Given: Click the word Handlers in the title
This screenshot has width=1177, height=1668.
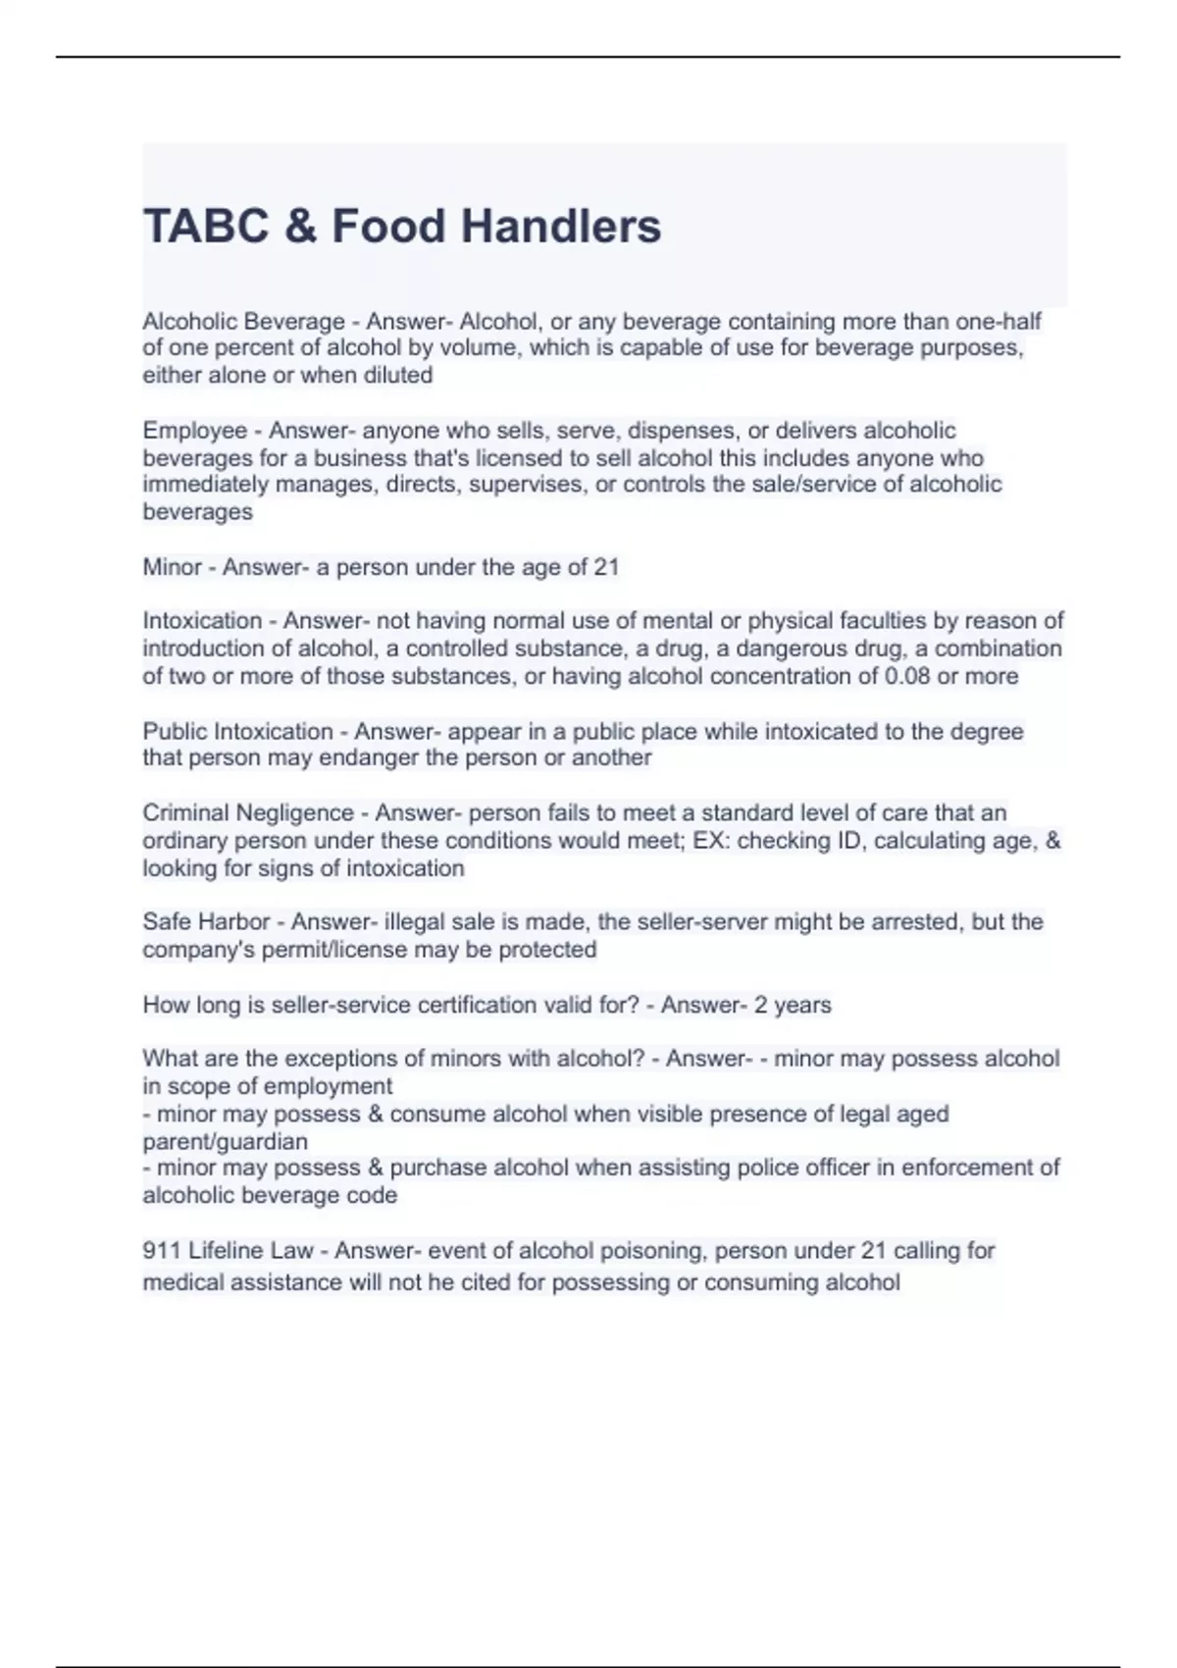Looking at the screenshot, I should click(x=561, y=226).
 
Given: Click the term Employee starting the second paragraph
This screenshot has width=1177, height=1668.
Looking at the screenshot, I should click(x=195, y=431).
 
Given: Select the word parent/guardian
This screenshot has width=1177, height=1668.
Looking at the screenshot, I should click(x=225, y=1141).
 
